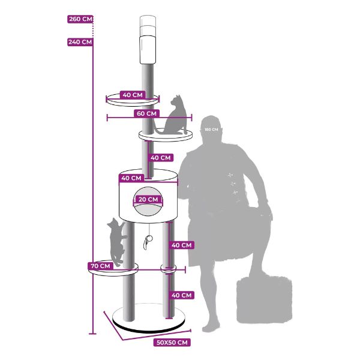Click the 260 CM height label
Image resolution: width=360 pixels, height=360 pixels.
pos(80,19)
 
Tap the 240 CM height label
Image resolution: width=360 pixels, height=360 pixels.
pos(80,42)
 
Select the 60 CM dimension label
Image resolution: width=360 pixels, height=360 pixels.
pos(146,113)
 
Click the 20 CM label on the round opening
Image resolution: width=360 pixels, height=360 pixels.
pos(148,199)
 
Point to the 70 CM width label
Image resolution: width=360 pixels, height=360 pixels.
pos(101,266)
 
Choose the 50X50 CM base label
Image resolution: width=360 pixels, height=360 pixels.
pos(172,343)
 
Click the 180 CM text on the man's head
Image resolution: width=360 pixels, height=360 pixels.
pos(211,130)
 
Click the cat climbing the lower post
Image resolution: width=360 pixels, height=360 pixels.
pos(116,242)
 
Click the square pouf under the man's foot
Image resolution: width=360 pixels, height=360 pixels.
pos(264,299)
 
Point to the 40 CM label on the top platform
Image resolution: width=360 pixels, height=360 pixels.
pos(133,95)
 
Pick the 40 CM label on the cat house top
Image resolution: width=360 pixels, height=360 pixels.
pos(131,178)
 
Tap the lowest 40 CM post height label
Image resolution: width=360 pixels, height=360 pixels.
pos(181,295)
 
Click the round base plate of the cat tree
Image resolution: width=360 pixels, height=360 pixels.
pos(149,319)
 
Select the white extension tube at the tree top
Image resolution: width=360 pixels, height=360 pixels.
pos(148,39)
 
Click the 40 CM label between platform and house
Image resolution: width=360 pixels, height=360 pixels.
pos(160,158)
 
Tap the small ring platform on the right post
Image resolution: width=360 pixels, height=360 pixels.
pos(168,269)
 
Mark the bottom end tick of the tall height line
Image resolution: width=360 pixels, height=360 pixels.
pos(92,334)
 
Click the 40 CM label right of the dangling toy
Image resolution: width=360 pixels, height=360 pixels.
pos(181,245)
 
